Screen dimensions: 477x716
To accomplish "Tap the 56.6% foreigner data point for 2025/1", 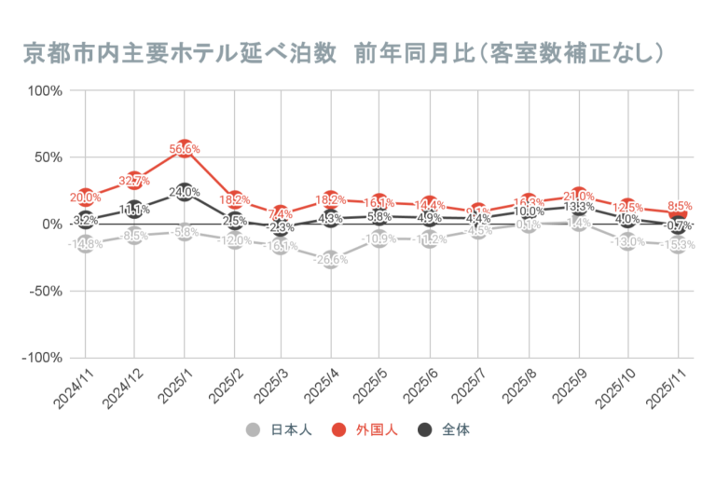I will (185, 148).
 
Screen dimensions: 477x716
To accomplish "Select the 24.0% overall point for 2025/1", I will (185, 192).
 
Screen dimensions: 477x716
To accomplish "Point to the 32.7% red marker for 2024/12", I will (135, 180).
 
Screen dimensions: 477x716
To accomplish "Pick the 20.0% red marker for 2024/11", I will (86, 197).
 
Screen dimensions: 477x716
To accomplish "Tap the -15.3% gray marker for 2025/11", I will (679, 245).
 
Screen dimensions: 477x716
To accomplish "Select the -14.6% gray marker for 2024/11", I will (86, 243).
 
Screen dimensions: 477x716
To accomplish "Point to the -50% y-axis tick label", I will (44, 291).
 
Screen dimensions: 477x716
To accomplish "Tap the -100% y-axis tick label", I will (42, 358).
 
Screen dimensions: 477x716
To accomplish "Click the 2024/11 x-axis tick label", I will (71, 390).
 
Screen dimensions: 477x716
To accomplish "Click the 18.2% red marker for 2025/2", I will (234, 199).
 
